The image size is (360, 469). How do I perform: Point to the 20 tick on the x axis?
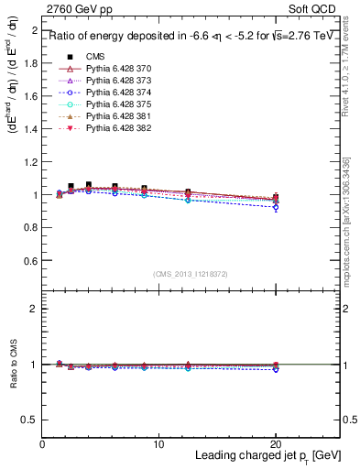[x=276, y=443]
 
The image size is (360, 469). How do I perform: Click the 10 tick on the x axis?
[x=158, y=443]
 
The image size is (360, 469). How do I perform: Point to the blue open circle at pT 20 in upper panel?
[x=276, y=208]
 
